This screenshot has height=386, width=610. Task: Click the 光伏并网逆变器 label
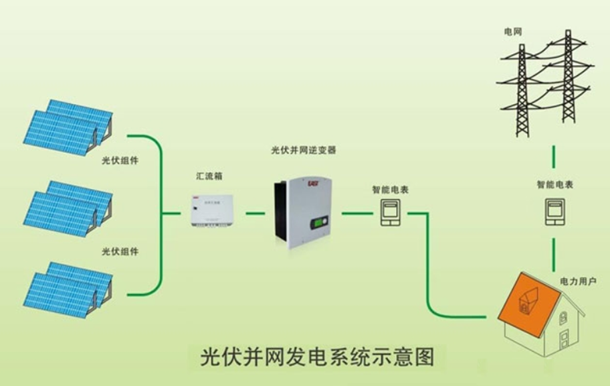(304, 150)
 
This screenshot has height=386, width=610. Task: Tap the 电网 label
(513, 31)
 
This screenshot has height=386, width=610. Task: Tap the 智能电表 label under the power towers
(554, 184)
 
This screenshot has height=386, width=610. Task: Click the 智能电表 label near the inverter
(390, 190)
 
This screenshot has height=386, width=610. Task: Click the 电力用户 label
(577, 283)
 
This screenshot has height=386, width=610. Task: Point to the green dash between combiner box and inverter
(255, 213)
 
